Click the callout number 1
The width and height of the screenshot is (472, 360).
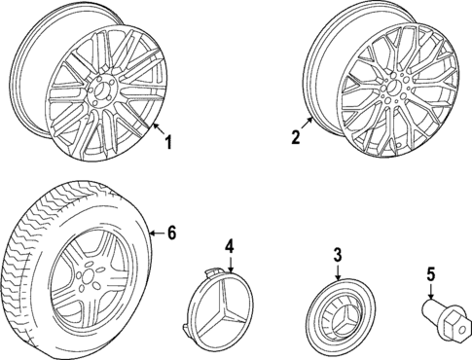167,143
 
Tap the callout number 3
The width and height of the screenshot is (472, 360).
338,255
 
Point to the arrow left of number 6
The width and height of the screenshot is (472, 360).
156,233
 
